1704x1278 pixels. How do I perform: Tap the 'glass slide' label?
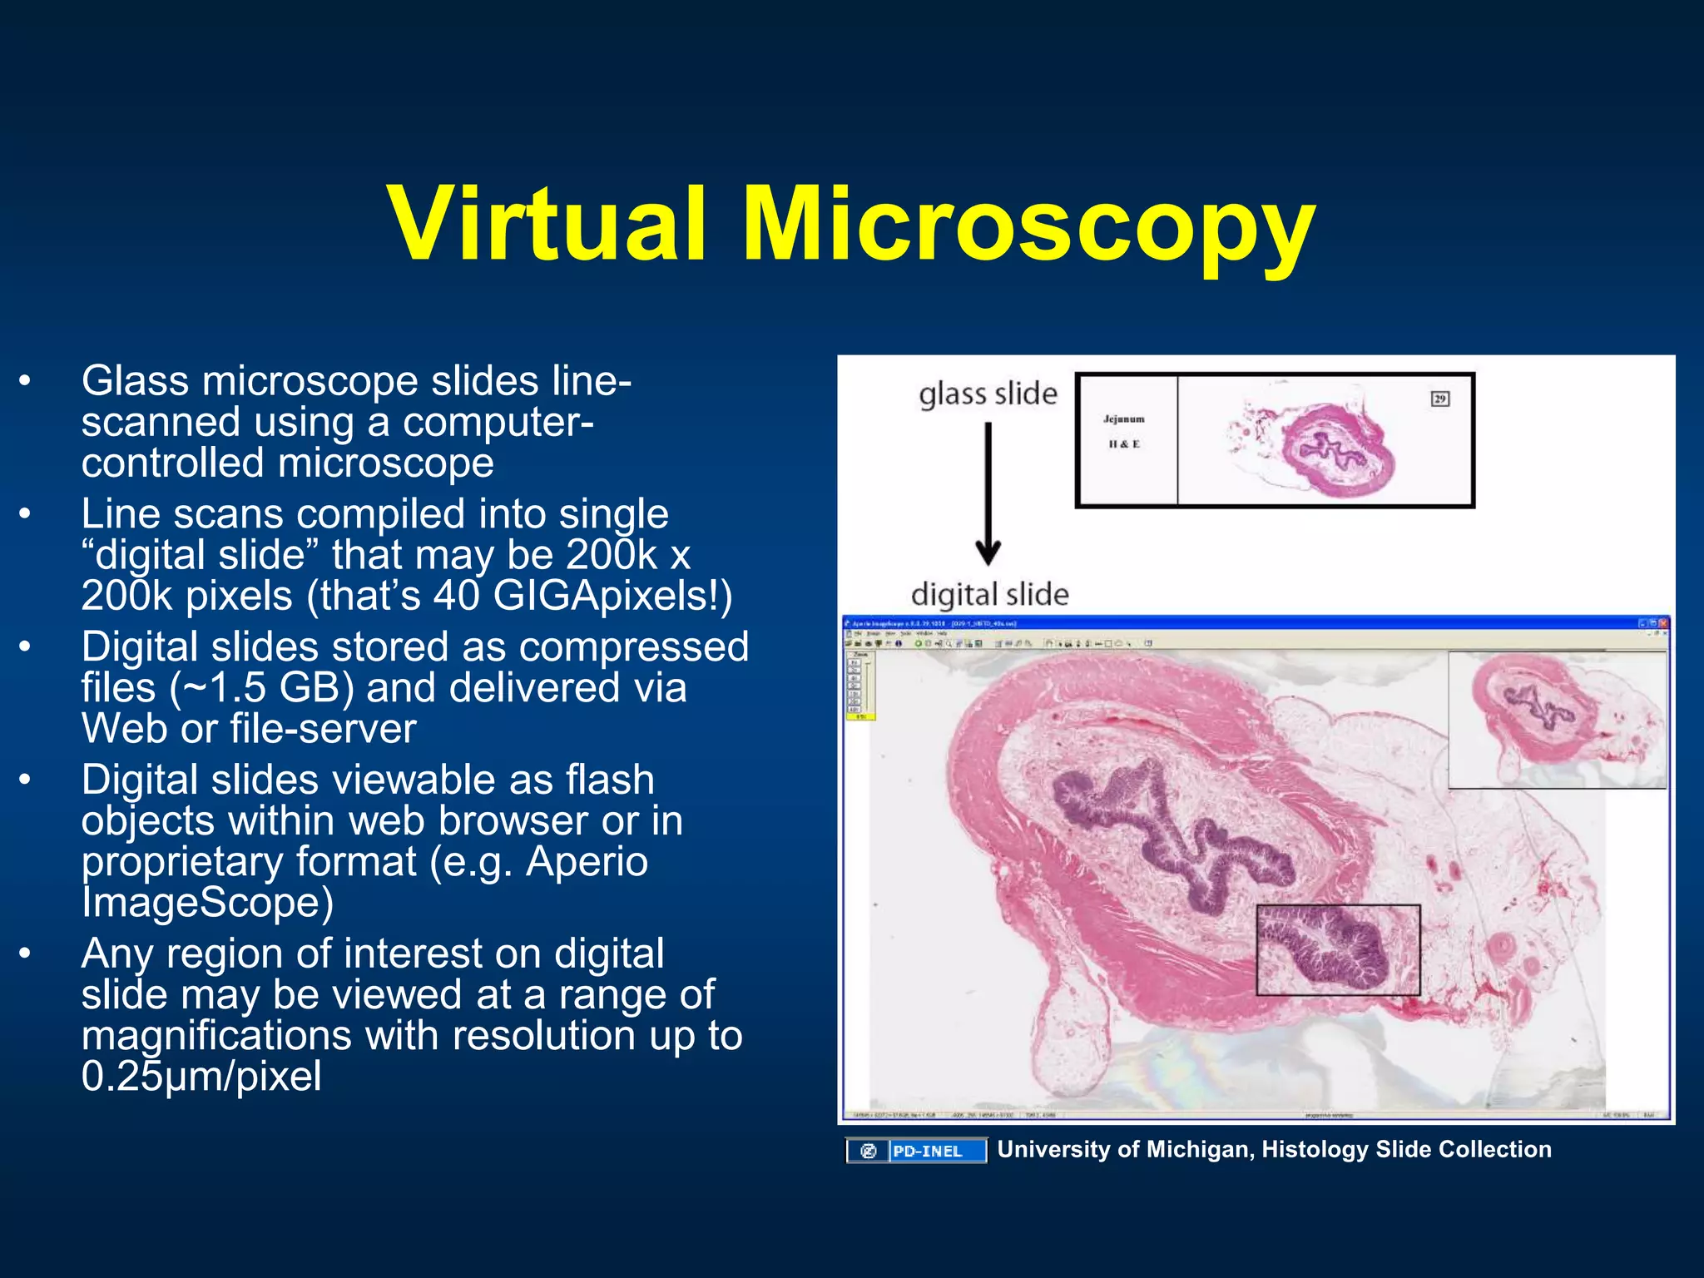click(988, 394)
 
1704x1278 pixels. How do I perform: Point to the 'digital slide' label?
click(989, 594)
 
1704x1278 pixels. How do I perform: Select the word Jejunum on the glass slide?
click(1123, 419)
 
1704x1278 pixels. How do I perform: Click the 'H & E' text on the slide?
click(1123, 444)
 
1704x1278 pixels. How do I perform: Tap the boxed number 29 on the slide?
click(1439, 399)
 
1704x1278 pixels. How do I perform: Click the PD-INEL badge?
click(916, 1151)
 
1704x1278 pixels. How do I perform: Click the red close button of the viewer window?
click(1662, 623)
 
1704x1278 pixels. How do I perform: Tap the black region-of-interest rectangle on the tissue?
click(1337, 949)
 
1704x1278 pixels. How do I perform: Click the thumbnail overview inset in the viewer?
click(1557, 719)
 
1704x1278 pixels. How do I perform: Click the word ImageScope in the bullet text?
click(207, 903)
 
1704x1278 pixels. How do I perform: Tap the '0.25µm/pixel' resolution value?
click(201, 1076)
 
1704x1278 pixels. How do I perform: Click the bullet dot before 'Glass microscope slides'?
click(26, 381)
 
